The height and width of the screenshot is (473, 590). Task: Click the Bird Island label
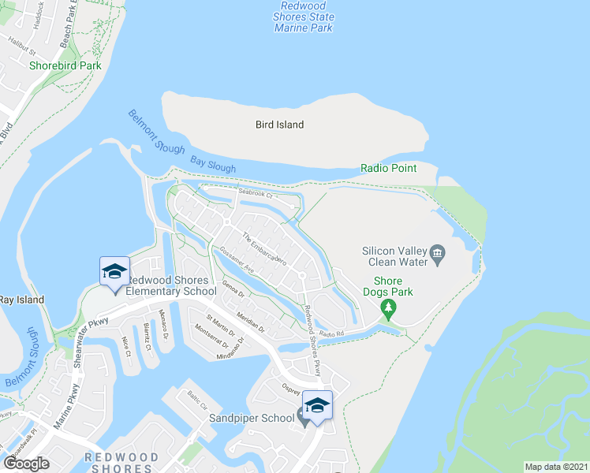[279, 125]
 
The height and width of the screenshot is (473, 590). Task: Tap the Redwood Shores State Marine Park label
[304, 17]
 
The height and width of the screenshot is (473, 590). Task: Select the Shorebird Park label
[65, 66]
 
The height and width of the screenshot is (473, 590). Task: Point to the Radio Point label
[388, 168]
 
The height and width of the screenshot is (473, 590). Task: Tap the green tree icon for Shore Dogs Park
[387, 305]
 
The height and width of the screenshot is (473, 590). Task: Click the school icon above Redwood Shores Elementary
[114, 271]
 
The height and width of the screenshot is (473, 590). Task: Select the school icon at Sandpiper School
[317, 405]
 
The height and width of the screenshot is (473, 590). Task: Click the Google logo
[26, 464]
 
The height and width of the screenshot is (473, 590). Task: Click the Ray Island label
[21, 300]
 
